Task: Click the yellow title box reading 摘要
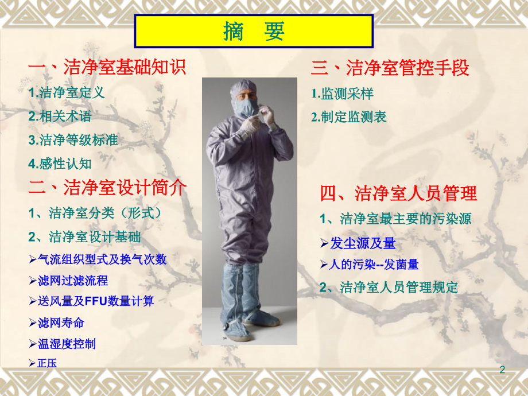pos(254,32)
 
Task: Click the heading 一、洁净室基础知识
pos(107,68)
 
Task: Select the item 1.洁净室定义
pos(67,92)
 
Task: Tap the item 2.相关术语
pos(60,116)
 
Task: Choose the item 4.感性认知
pos(60,164)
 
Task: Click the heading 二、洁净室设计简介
pos(107,188)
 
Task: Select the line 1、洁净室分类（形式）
pos(95,213)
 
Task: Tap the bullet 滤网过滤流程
pos(72,281)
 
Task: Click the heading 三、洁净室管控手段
pos(390,68)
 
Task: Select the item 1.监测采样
pos(343,93)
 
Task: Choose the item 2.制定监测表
pos(349,117)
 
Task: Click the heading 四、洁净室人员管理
pos(398,193)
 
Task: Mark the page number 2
pos(503,370)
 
